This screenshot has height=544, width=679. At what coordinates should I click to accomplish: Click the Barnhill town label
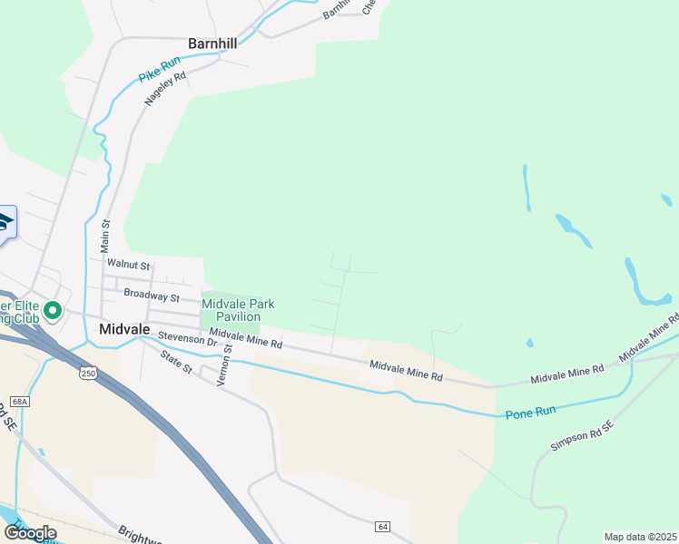(x=212, y=43)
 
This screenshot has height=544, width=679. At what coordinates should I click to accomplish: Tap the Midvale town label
(x=124, y=329)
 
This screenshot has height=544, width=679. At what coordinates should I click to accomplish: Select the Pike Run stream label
(x=160, y=68)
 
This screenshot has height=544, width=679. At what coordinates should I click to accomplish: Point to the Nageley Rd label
(x=165, y=89)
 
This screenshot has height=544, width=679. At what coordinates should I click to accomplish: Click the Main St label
(x=105, y=235)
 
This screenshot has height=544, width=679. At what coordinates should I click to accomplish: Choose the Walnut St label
(x=126, y=263)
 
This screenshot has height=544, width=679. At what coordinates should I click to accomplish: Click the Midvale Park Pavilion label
(x=238, y=310)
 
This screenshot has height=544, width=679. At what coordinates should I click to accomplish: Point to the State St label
(x=176, y=363)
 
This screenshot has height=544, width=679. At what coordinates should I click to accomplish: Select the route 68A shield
(x=21, y=401)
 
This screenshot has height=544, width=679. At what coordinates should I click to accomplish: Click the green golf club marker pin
(x=53, y=311)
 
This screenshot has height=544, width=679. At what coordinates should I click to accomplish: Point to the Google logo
(x=29, y=532)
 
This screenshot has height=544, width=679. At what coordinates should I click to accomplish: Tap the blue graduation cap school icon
(x=5, y=222)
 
